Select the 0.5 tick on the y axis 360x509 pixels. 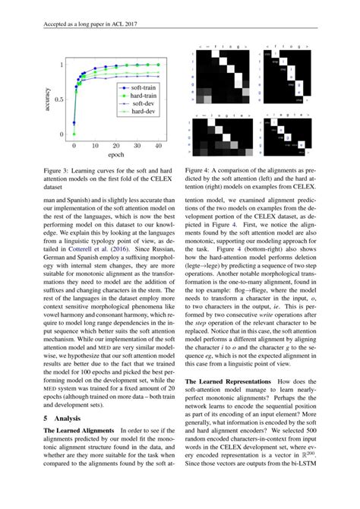tap(60, 100)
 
